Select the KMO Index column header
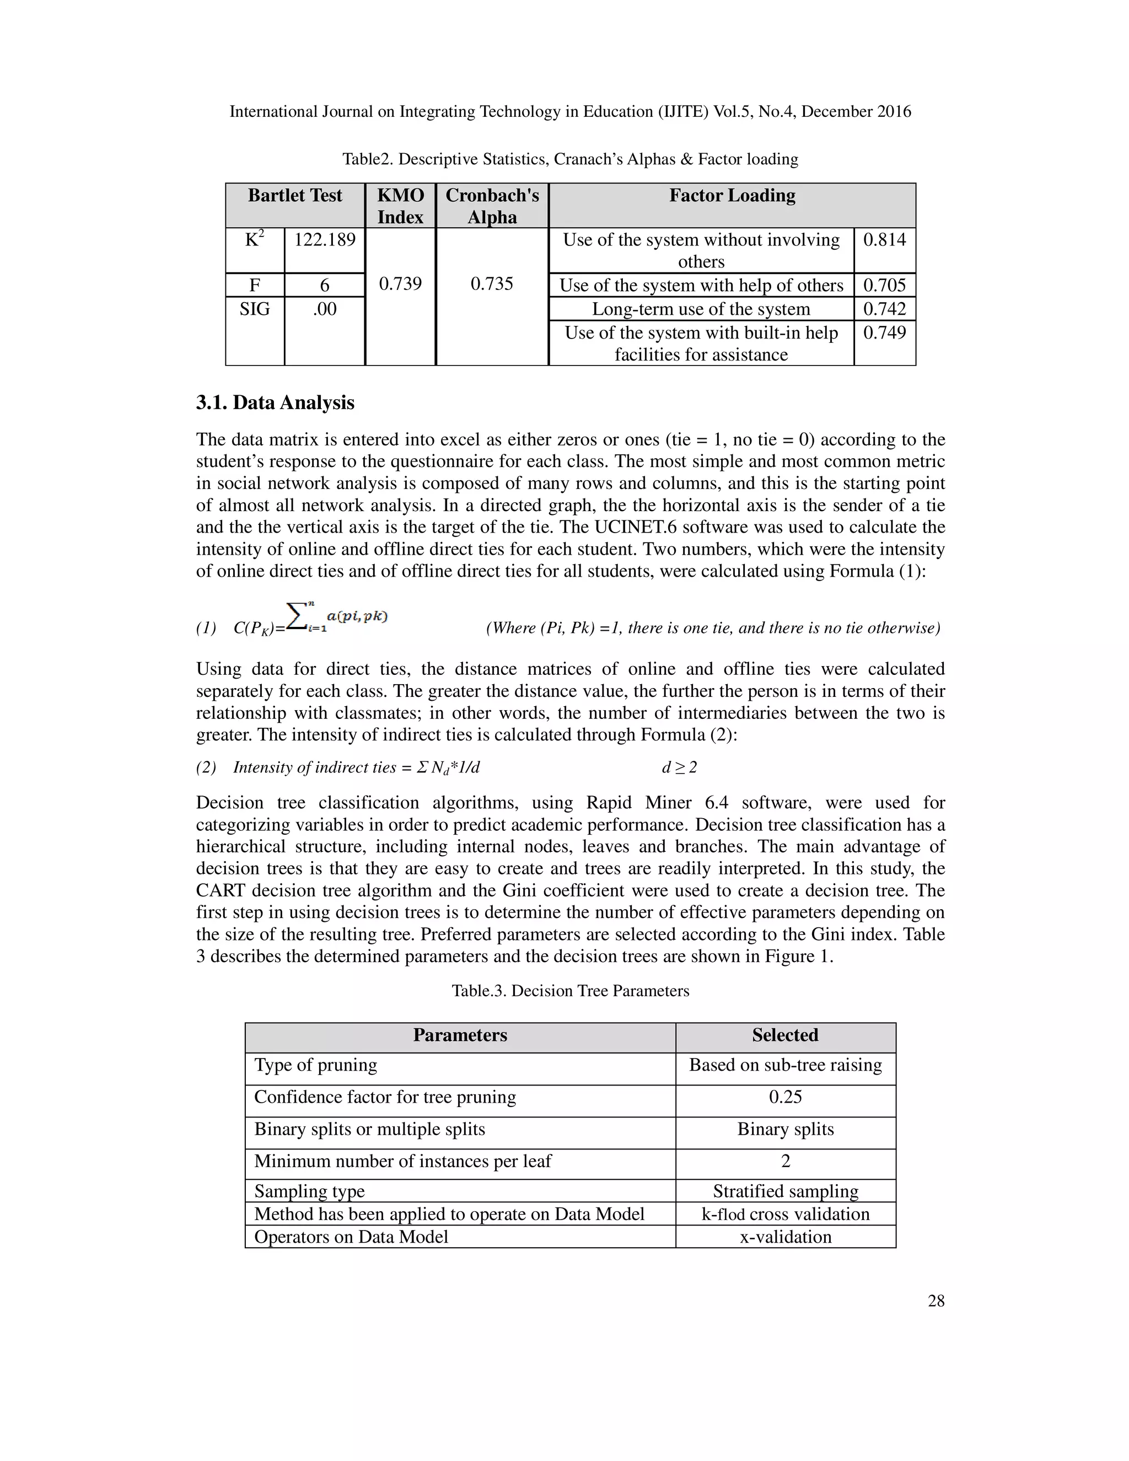[400, 206]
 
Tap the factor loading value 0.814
[884, 239]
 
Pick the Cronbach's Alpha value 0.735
[492, 283]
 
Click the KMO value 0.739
[400, 283]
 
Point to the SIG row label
[254, 309]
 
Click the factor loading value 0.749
[884, 332]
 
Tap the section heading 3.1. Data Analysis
[275, 402]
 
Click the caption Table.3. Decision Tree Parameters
[570, 991]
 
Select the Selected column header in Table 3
[784, 1035]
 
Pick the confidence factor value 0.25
[784, 1097]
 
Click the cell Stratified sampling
[784, 1191]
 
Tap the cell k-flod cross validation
[784, 1214]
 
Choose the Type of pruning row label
[316, 1065]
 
